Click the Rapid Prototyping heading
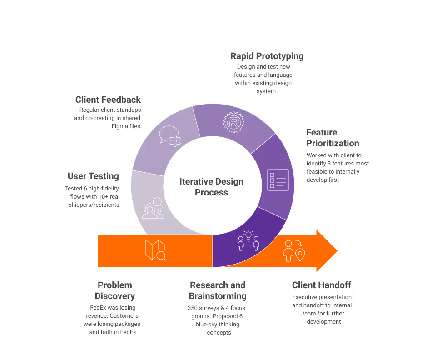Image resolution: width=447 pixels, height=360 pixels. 267,56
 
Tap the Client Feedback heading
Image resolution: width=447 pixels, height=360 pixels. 108,100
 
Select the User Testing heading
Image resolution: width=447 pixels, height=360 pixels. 93,176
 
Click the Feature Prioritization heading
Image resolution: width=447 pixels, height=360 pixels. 333,138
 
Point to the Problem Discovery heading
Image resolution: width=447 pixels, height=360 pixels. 115,290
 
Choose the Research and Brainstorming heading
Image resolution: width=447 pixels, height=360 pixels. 218,290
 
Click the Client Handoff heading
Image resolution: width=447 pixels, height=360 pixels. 321,285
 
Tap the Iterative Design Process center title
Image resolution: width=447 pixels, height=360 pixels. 211,187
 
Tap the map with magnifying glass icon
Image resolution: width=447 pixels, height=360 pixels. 155,250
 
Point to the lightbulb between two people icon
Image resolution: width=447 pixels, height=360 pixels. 248,241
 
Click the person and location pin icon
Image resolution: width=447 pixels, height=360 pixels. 294,250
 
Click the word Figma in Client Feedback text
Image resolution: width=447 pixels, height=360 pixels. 119,126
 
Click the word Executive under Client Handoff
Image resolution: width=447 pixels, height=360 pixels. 306,297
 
